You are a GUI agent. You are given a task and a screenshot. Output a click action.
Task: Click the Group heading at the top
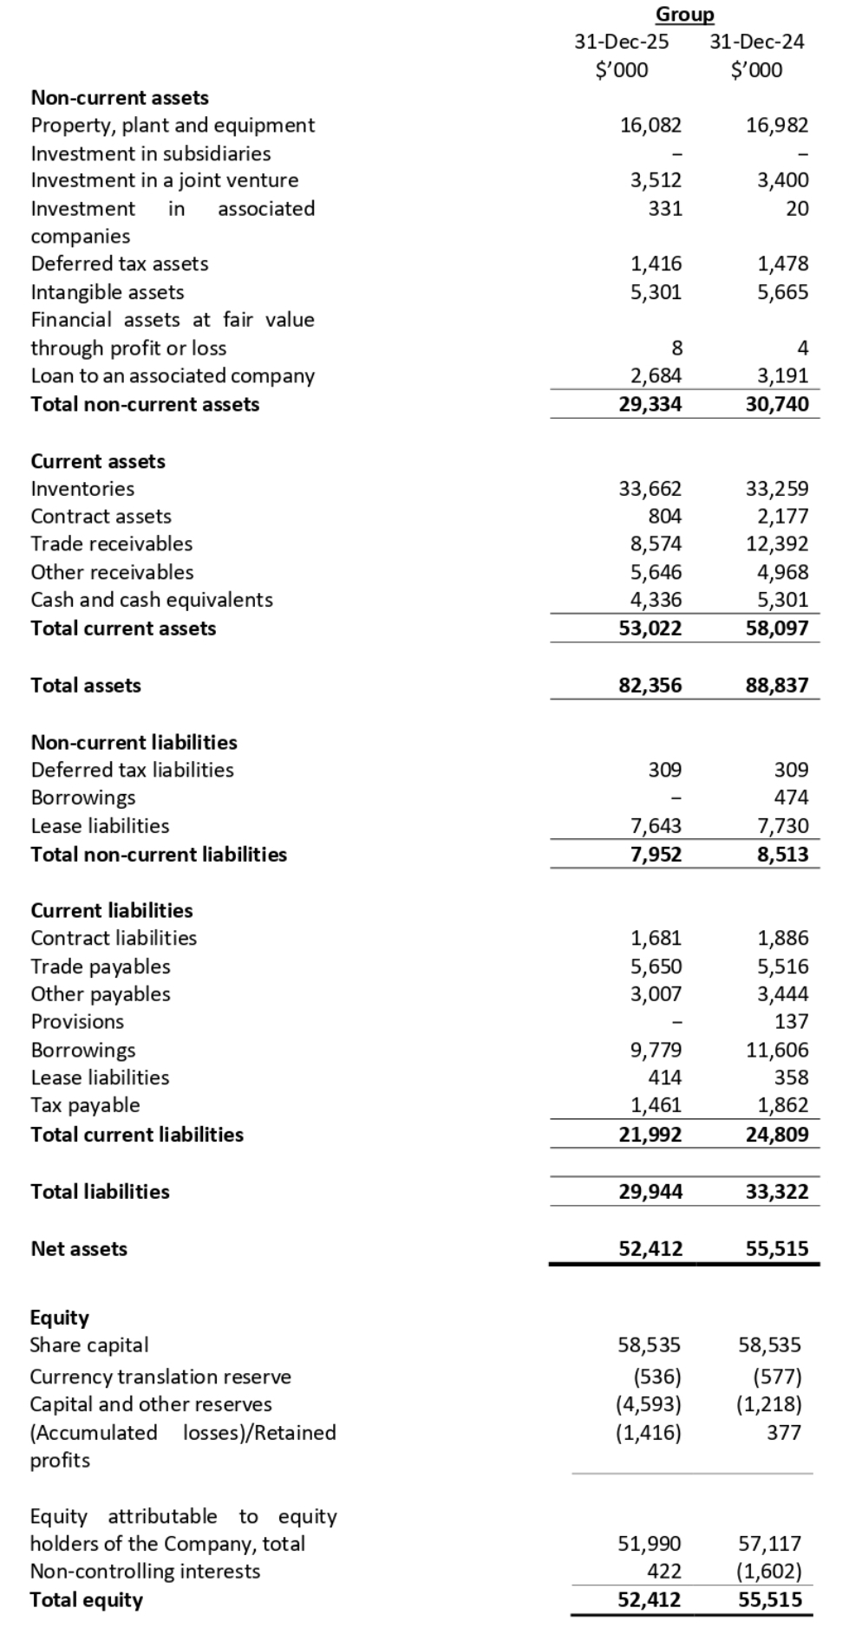[684, 15]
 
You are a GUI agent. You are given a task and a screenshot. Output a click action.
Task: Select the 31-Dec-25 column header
[622, 42]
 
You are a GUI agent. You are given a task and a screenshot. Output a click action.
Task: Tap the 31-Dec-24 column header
[756, 42]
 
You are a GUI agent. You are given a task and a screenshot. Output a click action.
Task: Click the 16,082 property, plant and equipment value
[650, 125]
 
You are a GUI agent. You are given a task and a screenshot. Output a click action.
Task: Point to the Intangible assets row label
[108, 292]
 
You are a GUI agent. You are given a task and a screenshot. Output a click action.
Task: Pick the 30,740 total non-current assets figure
[777, 404]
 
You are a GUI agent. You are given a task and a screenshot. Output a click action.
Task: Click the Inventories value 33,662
[650, 489]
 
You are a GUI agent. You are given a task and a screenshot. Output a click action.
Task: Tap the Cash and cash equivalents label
[152, 600]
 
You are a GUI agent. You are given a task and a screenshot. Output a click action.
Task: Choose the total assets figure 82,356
[650, 686]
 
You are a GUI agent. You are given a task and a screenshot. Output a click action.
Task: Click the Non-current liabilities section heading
[134, 742]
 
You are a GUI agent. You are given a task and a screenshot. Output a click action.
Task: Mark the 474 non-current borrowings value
[791, 797]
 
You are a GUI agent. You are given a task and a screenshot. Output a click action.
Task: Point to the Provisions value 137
[791, 1021]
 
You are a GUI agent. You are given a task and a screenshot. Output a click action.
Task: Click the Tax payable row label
[85, 1105]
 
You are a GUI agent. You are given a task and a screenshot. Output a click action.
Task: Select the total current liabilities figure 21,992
[650, 1135]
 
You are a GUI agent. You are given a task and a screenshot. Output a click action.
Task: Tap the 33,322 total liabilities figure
[777, 1192]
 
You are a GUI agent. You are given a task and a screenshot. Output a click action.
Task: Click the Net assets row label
[79, 1249]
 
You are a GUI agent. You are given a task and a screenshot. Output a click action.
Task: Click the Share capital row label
[89, 1345]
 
